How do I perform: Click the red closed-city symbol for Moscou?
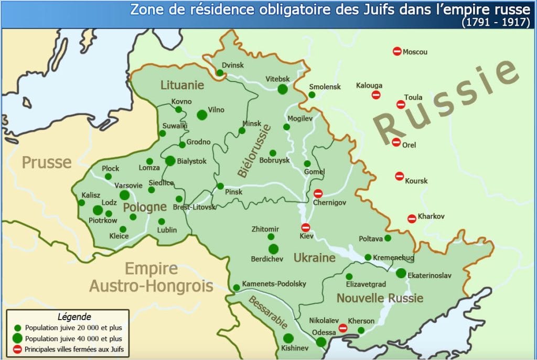pos(397,51)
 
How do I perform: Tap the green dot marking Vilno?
pos(202,115)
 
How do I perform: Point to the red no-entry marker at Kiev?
pos(306,227)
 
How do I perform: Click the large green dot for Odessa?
pos(321,342)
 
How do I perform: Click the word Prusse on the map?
pos(46,162)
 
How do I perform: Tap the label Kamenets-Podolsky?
pos(274,283)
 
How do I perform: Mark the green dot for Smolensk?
pos(312,95)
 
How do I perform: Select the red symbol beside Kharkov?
pos(412,219)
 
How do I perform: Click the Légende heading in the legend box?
pos(74,317)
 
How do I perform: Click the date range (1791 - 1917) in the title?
pos(496,23)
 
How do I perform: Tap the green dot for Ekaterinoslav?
pos(401,273)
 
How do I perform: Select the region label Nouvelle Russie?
pos(380,298)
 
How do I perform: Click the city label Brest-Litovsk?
pos(195,208)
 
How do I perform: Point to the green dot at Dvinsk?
pos(220,73)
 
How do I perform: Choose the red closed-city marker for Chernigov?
pos(318,193)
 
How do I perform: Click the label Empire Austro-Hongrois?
pos(151,278)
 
